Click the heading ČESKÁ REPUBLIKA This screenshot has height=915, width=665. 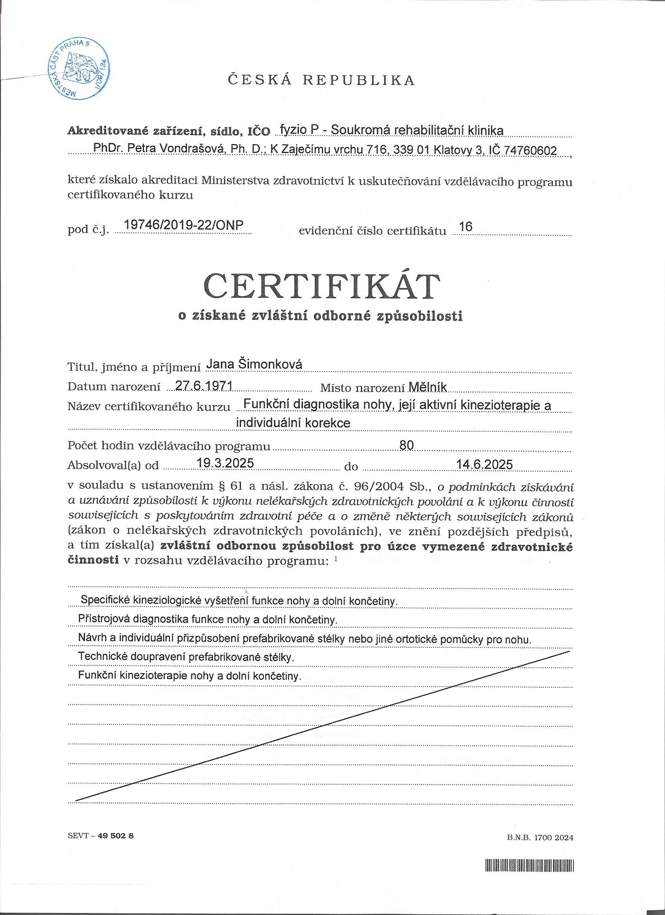click(x=322, y=80)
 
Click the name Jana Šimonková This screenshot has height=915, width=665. click(x=254, y=365)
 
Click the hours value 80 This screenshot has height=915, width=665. click(x=406, y=445)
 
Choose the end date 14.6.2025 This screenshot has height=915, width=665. click(x=484, y=465)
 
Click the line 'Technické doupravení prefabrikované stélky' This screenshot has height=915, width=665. click(x=186, y=656)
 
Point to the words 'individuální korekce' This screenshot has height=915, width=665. click(x=293, y=423)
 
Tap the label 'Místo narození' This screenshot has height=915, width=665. click(x=363, y=388)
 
